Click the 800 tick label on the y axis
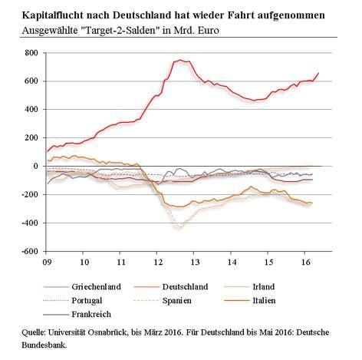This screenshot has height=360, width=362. pos(31,53)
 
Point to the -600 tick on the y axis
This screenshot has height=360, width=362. pos(30,251)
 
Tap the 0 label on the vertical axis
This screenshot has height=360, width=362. pos(35,166)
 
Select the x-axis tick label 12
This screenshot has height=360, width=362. pos(159,262)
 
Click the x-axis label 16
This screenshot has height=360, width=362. pos(306,262)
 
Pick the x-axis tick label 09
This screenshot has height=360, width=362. pos(48,262)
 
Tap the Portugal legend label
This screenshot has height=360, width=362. pos(87,300)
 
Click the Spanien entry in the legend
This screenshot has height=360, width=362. pos(177,300)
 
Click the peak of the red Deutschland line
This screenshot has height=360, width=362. pos(180,60)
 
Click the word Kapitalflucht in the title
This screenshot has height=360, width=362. pos(53,15)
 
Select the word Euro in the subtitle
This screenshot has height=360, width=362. pos(209,31)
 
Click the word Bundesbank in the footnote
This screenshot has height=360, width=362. pos(44,345)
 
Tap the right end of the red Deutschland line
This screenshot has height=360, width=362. pos(318,73)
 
